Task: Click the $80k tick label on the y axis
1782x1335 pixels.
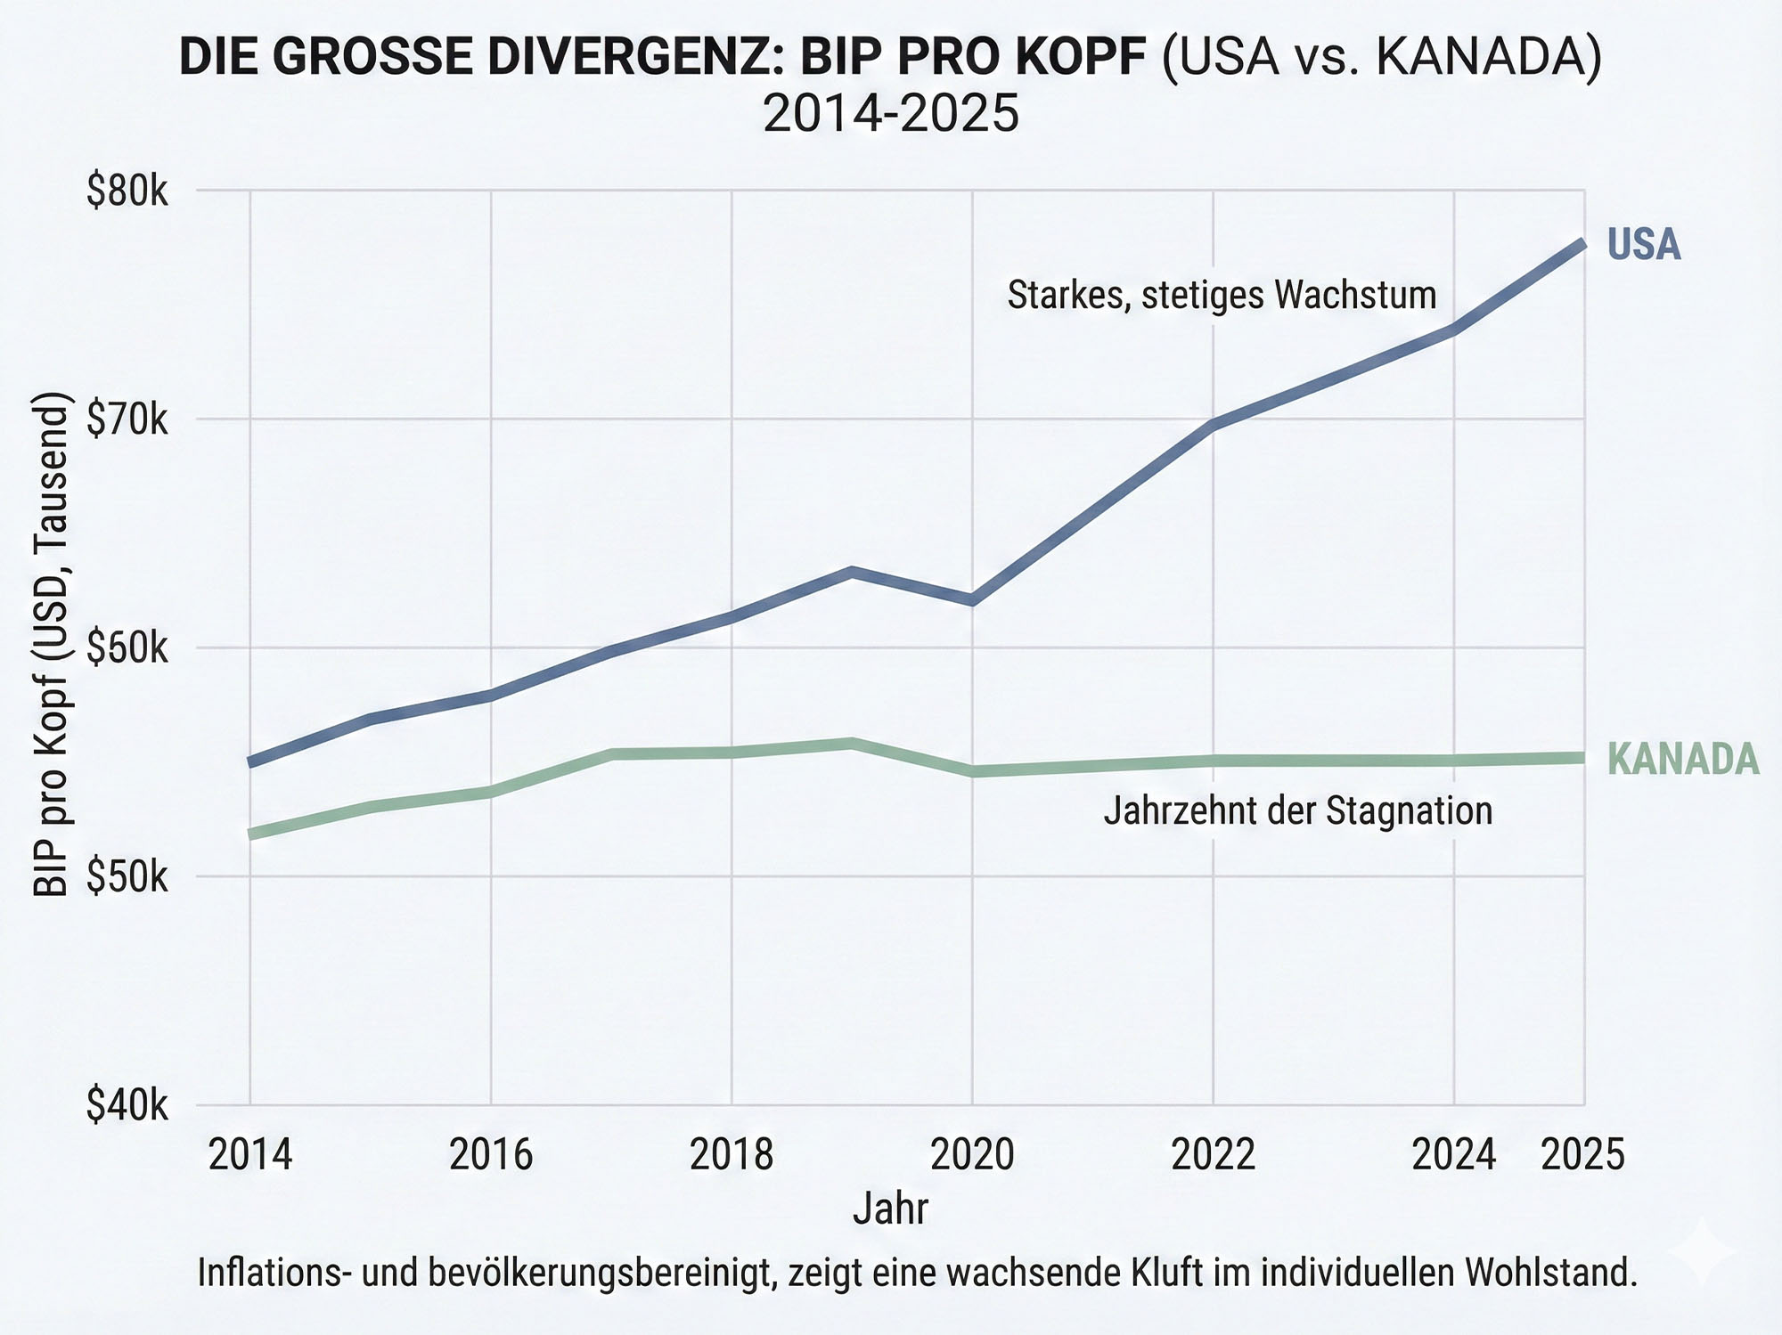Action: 127,191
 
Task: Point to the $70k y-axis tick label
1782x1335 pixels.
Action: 127,419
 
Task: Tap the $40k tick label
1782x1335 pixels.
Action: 127,1106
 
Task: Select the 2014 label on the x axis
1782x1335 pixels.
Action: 250,1155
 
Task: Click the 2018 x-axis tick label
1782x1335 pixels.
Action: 732,1155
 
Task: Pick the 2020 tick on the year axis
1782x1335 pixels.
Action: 972,1155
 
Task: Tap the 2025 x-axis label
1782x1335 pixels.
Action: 1583,1155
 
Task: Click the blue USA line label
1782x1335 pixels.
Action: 1644,245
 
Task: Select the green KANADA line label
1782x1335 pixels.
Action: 1683,759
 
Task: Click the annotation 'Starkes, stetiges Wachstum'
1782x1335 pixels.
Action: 1222,295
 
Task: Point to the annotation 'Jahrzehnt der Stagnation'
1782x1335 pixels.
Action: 1297,811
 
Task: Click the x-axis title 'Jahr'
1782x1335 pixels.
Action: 890,1209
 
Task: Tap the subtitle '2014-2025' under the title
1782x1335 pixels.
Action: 890,114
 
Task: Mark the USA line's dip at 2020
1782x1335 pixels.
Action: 972,600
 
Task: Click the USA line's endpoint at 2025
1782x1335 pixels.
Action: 1582,243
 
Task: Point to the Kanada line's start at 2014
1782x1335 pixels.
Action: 251,834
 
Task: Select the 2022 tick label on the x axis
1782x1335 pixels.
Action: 1213,1155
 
